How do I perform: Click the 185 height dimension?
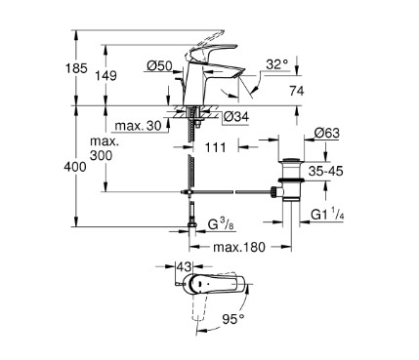tap(76, 68)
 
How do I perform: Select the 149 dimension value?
tap(105, 76)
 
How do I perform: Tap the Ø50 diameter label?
tap(159, 66)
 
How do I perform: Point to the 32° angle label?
tap(277, 64)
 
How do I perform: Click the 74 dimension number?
tap(297, 91)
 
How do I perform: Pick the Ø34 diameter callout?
tap(236, 116)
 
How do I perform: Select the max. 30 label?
tap(139, 126)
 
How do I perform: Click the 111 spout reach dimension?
tap(215, 147)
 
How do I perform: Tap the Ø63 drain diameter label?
tap(327, 133)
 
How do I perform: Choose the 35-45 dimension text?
tap(326, 171)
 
